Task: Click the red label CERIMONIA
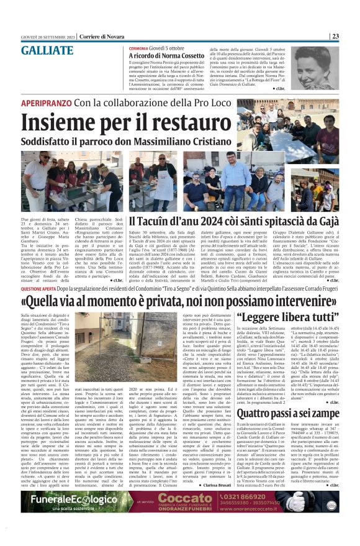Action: click(138, 48)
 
